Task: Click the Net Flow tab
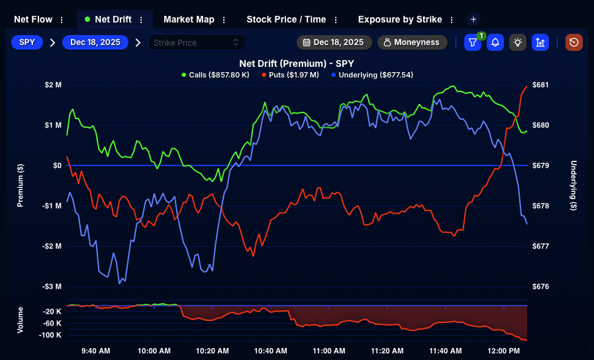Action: click(32, 19)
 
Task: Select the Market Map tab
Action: click(189, 19)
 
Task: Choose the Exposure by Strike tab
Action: click(401, 19)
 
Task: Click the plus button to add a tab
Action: click(473, 19)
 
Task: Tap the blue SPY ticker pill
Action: click(27, 42)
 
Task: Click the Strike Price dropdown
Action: click(197, 42)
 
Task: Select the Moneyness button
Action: click(412, 42)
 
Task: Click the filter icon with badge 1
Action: click(472, 42)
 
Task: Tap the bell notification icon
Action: click(495, 42)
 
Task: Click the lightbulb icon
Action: click(518, 42)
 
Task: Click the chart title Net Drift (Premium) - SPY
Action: click(297, 64)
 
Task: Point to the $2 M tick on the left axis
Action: click(54, 85)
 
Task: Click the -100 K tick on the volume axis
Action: click(51, 335)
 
